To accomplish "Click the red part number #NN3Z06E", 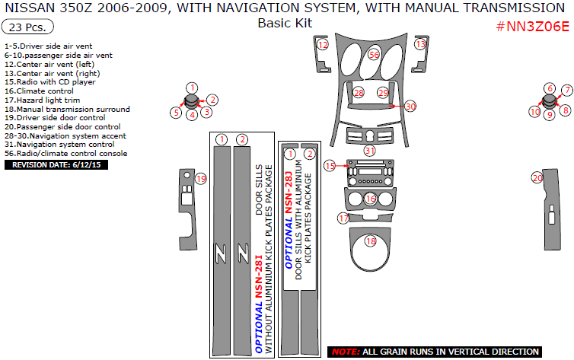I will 532,26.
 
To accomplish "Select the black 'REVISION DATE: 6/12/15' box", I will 56,164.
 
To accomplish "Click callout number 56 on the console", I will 374,55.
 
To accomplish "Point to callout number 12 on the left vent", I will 323,46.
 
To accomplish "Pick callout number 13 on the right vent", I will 421,46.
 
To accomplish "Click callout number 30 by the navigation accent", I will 410,107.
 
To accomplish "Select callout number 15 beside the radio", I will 329,165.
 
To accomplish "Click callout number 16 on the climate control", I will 371,199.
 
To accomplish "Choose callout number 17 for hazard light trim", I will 343,218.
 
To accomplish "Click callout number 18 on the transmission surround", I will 371,242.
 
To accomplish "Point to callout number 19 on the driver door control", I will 200,179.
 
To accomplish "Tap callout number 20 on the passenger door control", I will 537,178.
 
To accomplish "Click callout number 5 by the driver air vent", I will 176,113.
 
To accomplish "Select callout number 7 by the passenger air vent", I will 566,90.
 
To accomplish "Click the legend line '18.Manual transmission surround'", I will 67,109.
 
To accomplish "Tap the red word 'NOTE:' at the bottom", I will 346,352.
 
